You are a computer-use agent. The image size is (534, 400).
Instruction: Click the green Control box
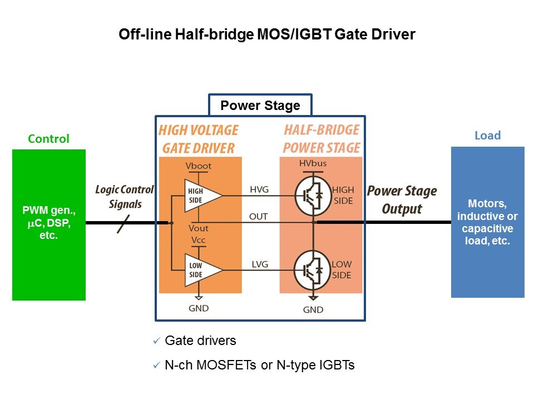click(x=49, y=225)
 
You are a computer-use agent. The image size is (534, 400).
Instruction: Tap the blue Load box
click(x=487, y=222)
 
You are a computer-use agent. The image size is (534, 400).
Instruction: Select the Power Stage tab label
click(x=260, y=106)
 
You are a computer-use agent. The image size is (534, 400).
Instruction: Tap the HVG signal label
click(x=259, y=189)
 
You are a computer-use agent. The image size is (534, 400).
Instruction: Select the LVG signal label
click(x=259, y=264)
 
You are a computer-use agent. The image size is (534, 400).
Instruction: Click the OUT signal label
click(x=259, y=216)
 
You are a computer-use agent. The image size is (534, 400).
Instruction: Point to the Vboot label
click(x=199, y=166)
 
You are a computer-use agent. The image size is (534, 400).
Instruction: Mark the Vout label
click(x=199, y=228)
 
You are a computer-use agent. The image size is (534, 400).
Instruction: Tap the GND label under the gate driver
click(x=199, y=308)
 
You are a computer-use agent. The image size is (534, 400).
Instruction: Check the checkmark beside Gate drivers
click(x=156, y=341)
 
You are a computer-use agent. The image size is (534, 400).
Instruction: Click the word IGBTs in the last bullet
click(x=335, y=365)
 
